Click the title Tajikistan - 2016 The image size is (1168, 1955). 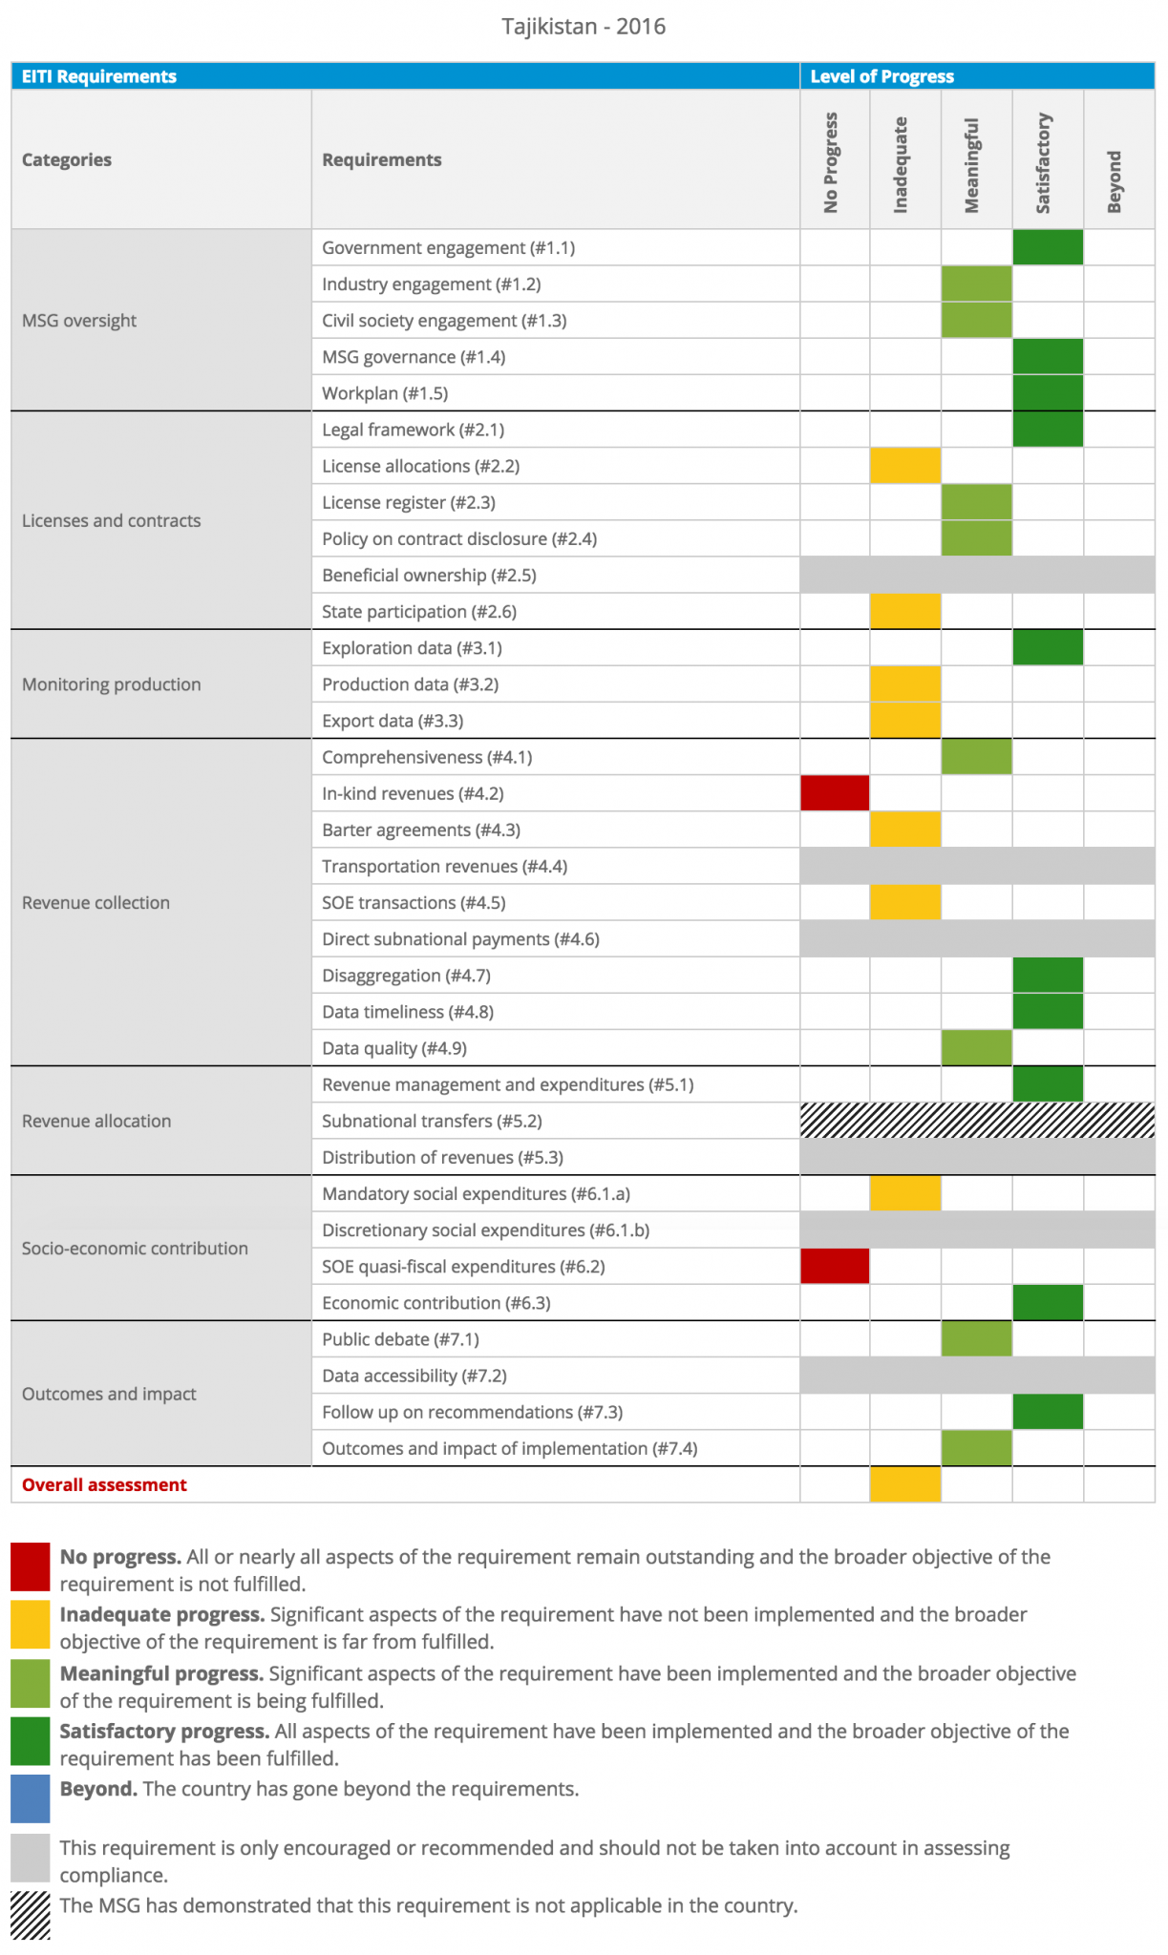584,26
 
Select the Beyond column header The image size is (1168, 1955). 1114,181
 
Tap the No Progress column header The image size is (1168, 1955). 831,162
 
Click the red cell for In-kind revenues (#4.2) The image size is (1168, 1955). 835,793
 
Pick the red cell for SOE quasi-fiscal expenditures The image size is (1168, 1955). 835,1266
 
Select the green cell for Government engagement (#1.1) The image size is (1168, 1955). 1048,247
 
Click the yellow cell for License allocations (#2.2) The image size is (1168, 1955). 905,466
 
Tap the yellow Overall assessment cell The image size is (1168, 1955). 905,1484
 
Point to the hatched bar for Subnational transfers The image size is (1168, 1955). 977,1121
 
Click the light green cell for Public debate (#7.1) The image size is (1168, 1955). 976,1339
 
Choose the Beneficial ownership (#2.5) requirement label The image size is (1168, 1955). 429,576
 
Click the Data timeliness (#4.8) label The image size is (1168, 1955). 408,1012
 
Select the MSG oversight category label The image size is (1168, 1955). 79,321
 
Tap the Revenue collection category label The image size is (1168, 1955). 96,903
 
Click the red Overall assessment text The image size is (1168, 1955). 104,1484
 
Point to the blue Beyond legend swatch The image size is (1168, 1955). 31,1798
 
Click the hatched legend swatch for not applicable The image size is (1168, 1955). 31,1916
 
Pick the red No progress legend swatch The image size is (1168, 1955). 31,1566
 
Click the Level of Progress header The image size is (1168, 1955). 882,76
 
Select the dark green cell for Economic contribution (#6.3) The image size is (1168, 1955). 1048,1302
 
